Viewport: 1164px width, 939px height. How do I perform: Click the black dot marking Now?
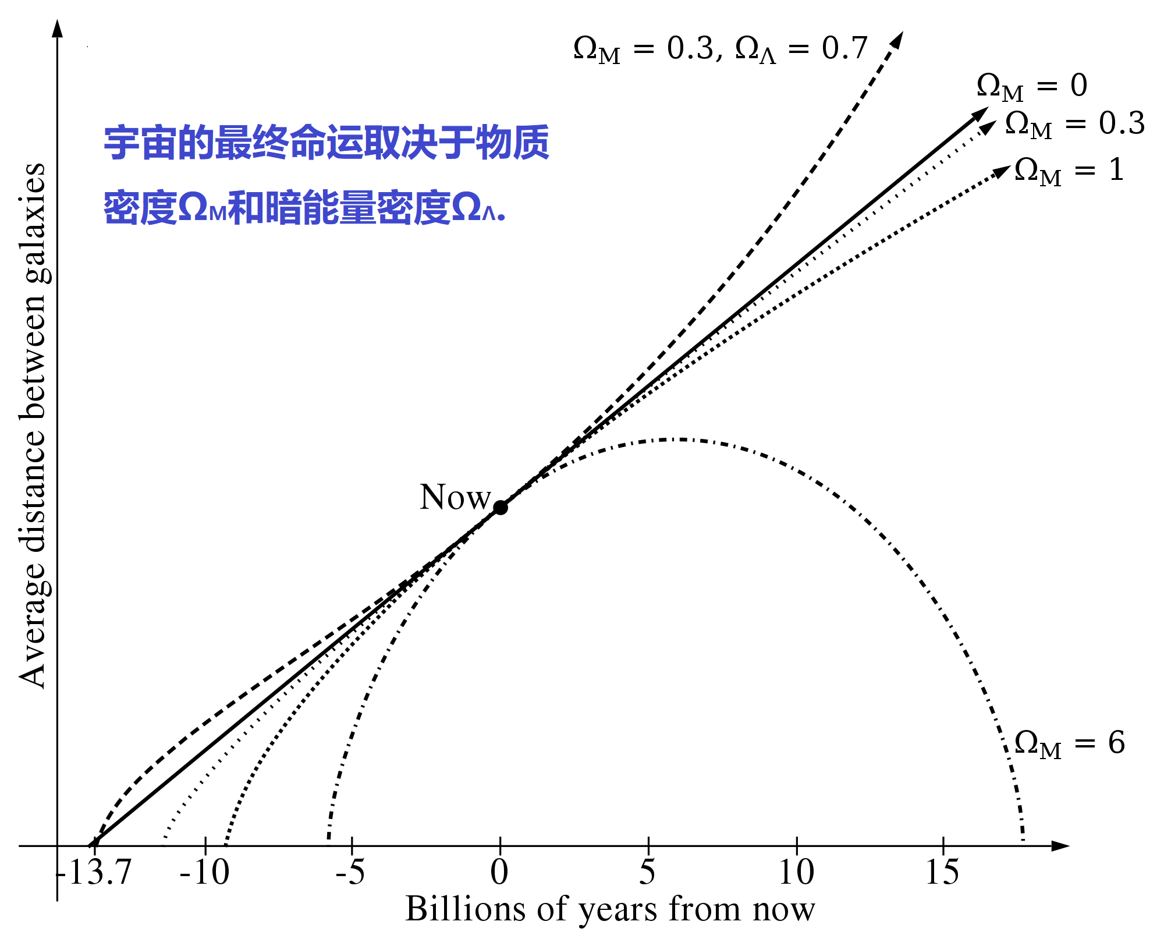(x=500, y=508)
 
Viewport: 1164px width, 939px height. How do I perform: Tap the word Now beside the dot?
(x=455, y=497)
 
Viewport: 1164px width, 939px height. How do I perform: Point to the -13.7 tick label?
(x=95, y=872)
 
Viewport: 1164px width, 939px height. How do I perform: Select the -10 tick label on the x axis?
(x=205, y=872)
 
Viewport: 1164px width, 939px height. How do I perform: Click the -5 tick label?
(x=351, y=872)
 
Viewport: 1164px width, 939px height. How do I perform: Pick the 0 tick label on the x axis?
(x=499, y=872)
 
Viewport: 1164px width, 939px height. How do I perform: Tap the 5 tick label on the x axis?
(x=648, y=872)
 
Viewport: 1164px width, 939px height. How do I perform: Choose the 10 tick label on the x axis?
(x=796, y=872)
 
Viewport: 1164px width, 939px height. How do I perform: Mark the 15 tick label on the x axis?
(x=942, y=872)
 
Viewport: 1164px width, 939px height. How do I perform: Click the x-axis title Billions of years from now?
(x=610, y=909)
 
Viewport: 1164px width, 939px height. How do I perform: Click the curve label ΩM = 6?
(x=1069, y=743)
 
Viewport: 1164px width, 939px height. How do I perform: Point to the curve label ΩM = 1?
(x=1069, y=171)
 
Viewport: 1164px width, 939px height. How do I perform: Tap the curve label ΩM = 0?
(x=1032, y=86)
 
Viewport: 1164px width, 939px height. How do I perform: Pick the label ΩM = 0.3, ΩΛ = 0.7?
(x=720, y=49)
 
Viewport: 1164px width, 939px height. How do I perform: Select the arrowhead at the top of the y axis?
(x=57, y=28)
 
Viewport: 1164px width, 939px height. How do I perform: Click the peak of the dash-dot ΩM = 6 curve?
(x=675, y=439)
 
